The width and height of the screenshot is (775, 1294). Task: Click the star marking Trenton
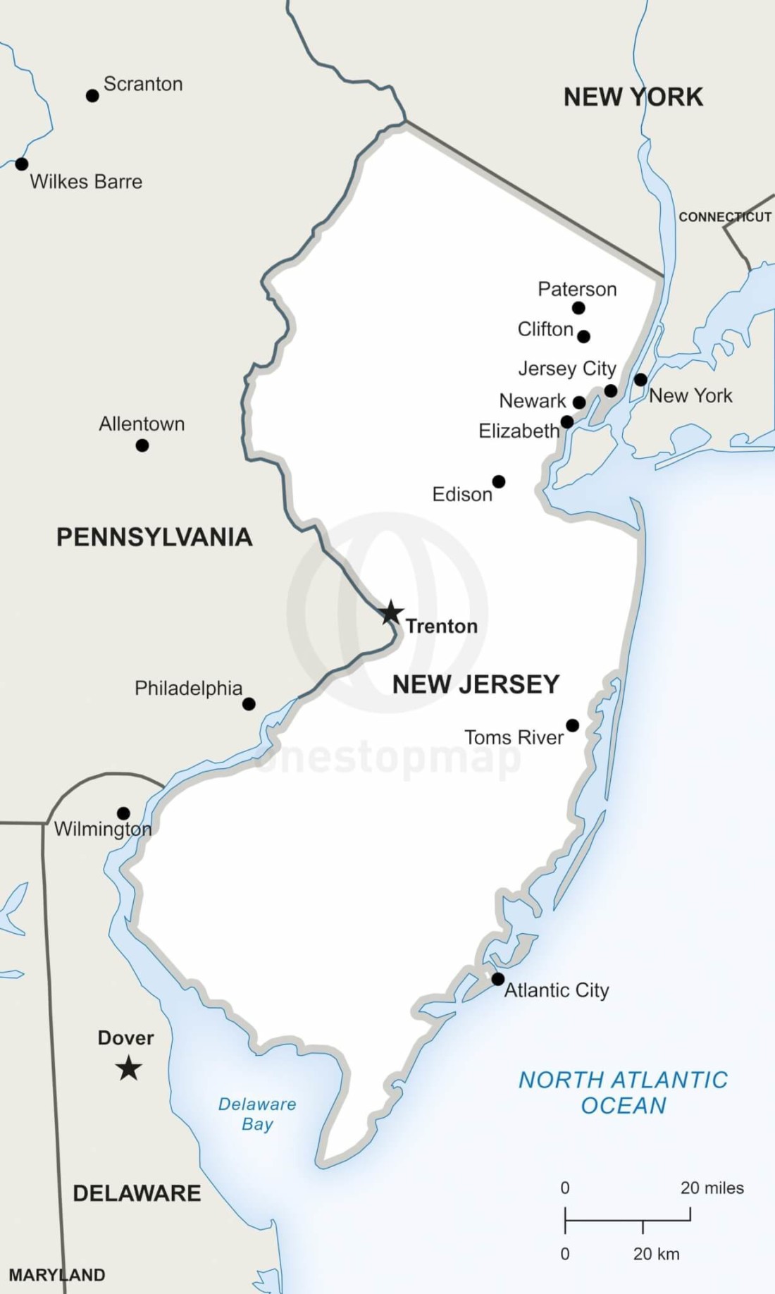390,612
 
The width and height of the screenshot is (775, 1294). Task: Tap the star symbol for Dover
128,1068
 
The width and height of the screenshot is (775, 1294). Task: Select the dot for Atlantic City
497,979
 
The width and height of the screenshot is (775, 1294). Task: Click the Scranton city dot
92,95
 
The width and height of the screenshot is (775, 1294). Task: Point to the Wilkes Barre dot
22,164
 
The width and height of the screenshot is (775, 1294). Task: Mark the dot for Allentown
142,445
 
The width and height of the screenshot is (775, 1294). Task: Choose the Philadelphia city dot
249,704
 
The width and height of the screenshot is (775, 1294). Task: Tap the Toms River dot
573,725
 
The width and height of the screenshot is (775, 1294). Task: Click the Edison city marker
499,481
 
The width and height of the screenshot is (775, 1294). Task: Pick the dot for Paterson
578,307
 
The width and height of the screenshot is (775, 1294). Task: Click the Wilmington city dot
123,813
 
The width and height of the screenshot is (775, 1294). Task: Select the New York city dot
640,380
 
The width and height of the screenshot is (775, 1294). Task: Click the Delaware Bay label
257,1114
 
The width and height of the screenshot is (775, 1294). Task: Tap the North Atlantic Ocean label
624,1092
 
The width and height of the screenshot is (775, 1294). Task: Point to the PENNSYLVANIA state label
154,537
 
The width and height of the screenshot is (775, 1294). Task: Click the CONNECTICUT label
725,217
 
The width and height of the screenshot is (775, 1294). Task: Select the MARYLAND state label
57,1275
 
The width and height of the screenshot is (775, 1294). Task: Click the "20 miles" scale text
712,1188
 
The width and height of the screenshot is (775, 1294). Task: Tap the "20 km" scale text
656,1254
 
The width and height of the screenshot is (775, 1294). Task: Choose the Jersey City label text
567,369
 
